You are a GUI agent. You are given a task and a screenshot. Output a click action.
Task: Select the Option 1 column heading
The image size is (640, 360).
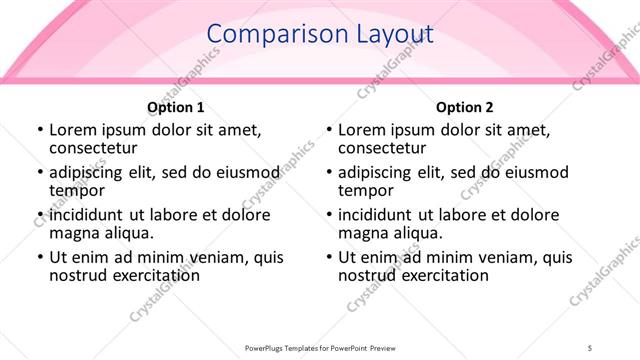(176, 107)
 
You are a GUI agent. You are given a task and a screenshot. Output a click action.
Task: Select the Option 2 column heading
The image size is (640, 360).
(465, 107)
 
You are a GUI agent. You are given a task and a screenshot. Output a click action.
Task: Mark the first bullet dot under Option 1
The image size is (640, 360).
(39, 131)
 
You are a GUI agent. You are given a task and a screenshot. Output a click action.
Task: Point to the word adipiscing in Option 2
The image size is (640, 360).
(376, 172)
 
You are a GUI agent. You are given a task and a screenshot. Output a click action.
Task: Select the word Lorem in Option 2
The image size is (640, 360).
(362, 130)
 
